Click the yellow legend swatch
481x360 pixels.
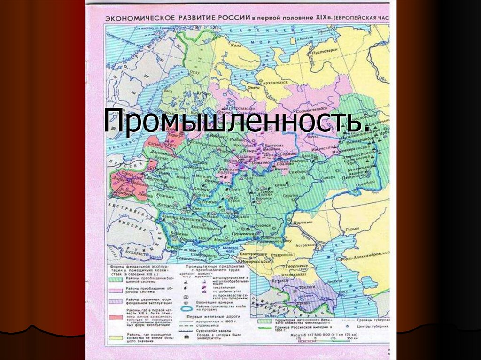pos(114,337)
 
